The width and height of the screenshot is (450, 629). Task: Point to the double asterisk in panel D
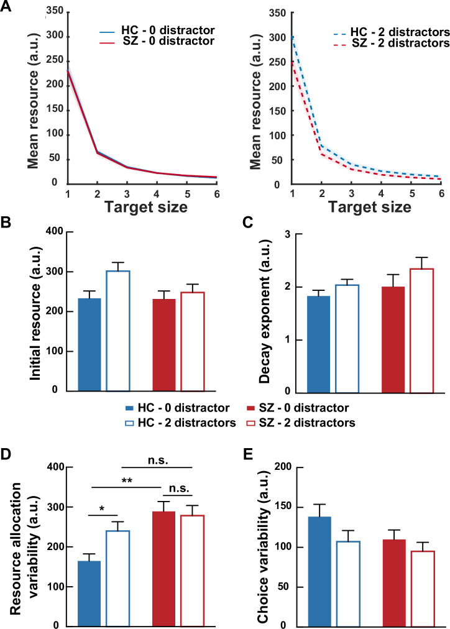127,481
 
